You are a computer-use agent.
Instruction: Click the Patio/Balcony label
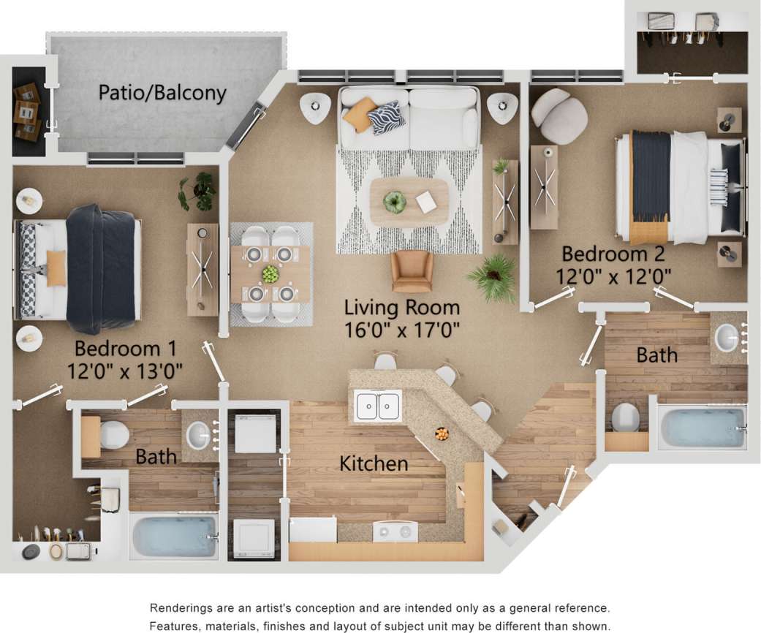(x=162, y=93)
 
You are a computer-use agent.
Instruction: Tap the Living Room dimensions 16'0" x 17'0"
(x=402, y=330)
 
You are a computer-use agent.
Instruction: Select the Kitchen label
(x=373, y=463)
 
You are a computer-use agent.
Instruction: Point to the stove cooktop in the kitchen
(x=395, y=531)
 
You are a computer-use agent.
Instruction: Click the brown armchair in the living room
(x=412, y=270)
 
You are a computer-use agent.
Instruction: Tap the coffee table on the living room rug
(x=409, y=202)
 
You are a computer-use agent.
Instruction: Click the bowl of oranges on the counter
(x=442, y=433)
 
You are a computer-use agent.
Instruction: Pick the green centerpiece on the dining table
(x=270, y=274)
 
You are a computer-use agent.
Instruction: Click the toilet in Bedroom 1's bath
(x=113, y=435)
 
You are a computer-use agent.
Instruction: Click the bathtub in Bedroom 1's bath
(x=174, y=537)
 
